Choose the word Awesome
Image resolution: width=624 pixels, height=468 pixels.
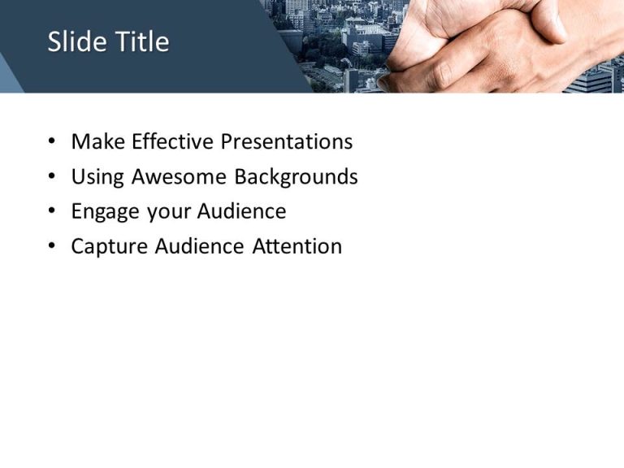pos(180,176)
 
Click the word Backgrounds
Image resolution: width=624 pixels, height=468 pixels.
pos(297,176)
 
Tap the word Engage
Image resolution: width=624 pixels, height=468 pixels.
pos(106,212)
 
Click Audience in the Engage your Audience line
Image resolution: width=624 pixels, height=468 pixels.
pos(242,211)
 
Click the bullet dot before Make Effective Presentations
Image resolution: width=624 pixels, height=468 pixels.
pos(53,142)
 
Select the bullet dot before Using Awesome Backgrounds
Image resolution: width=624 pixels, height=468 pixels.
pos(53,177)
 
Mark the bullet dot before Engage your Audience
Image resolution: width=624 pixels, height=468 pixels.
pos(53,212)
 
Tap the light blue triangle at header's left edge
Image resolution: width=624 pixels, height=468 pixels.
pos(8,77)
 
